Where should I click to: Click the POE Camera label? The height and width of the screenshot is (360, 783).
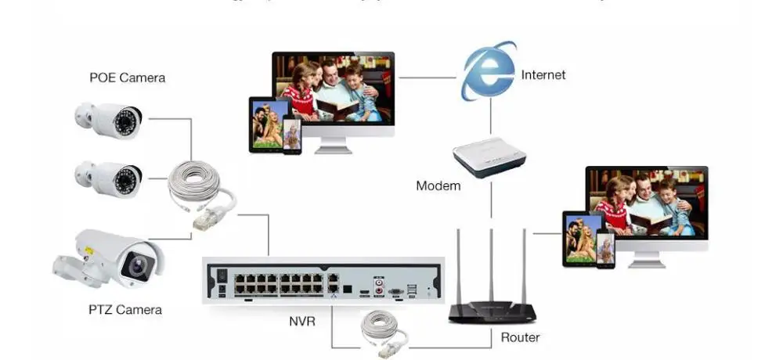[127, 77]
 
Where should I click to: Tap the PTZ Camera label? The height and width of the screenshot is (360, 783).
[125, 310]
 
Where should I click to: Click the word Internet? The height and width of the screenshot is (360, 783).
[543, 75]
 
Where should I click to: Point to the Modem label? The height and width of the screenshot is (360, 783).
[438, 185]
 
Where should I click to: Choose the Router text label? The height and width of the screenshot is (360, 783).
[520, 337]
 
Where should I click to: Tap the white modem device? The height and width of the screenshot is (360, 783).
[489, 156]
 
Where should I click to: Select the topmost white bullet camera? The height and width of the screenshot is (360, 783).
[110, 120]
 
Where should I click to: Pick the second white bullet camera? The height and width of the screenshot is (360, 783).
[110, 178]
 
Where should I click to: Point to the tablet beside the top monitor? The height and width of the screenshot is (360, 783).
[265, 124]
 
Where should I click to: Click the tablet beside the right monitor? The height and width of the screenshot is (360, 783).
[579, 238]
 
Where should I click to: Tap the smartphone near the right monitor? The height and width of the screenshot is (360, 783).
[605, 248]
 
